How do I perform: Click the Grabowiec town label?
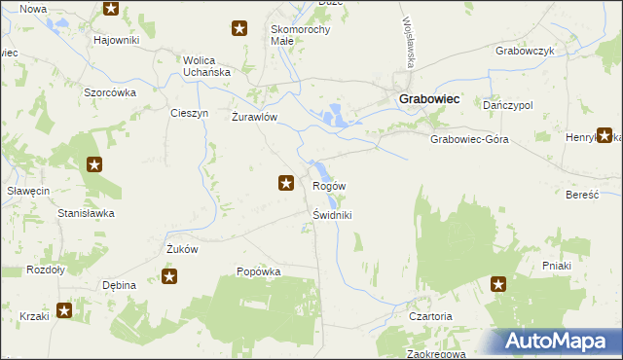click(429, 98)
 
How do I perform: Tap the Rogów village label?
click(329, 186)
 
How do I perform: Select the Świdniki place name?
click(333, 215)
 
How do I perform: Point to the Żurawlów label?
click(255, 117)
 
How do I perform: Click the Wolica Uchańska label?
click(206, 66)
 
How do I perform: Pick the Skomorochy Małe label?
click(301, 35)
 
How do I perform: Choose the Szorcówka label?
click(109, 92)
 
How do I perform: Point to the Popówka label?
click(258, 272)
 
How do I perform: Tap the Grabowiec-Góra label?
click(469, 139)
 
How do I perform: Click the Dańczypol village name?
click(507, 104)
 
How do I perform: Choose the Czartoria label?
click(430, 316)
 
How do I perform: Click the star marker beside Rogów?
click(286, 182)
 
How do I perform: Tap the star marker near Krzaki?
click(64, 311)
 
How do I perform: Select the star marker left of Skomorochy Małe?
click(238, 29)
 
